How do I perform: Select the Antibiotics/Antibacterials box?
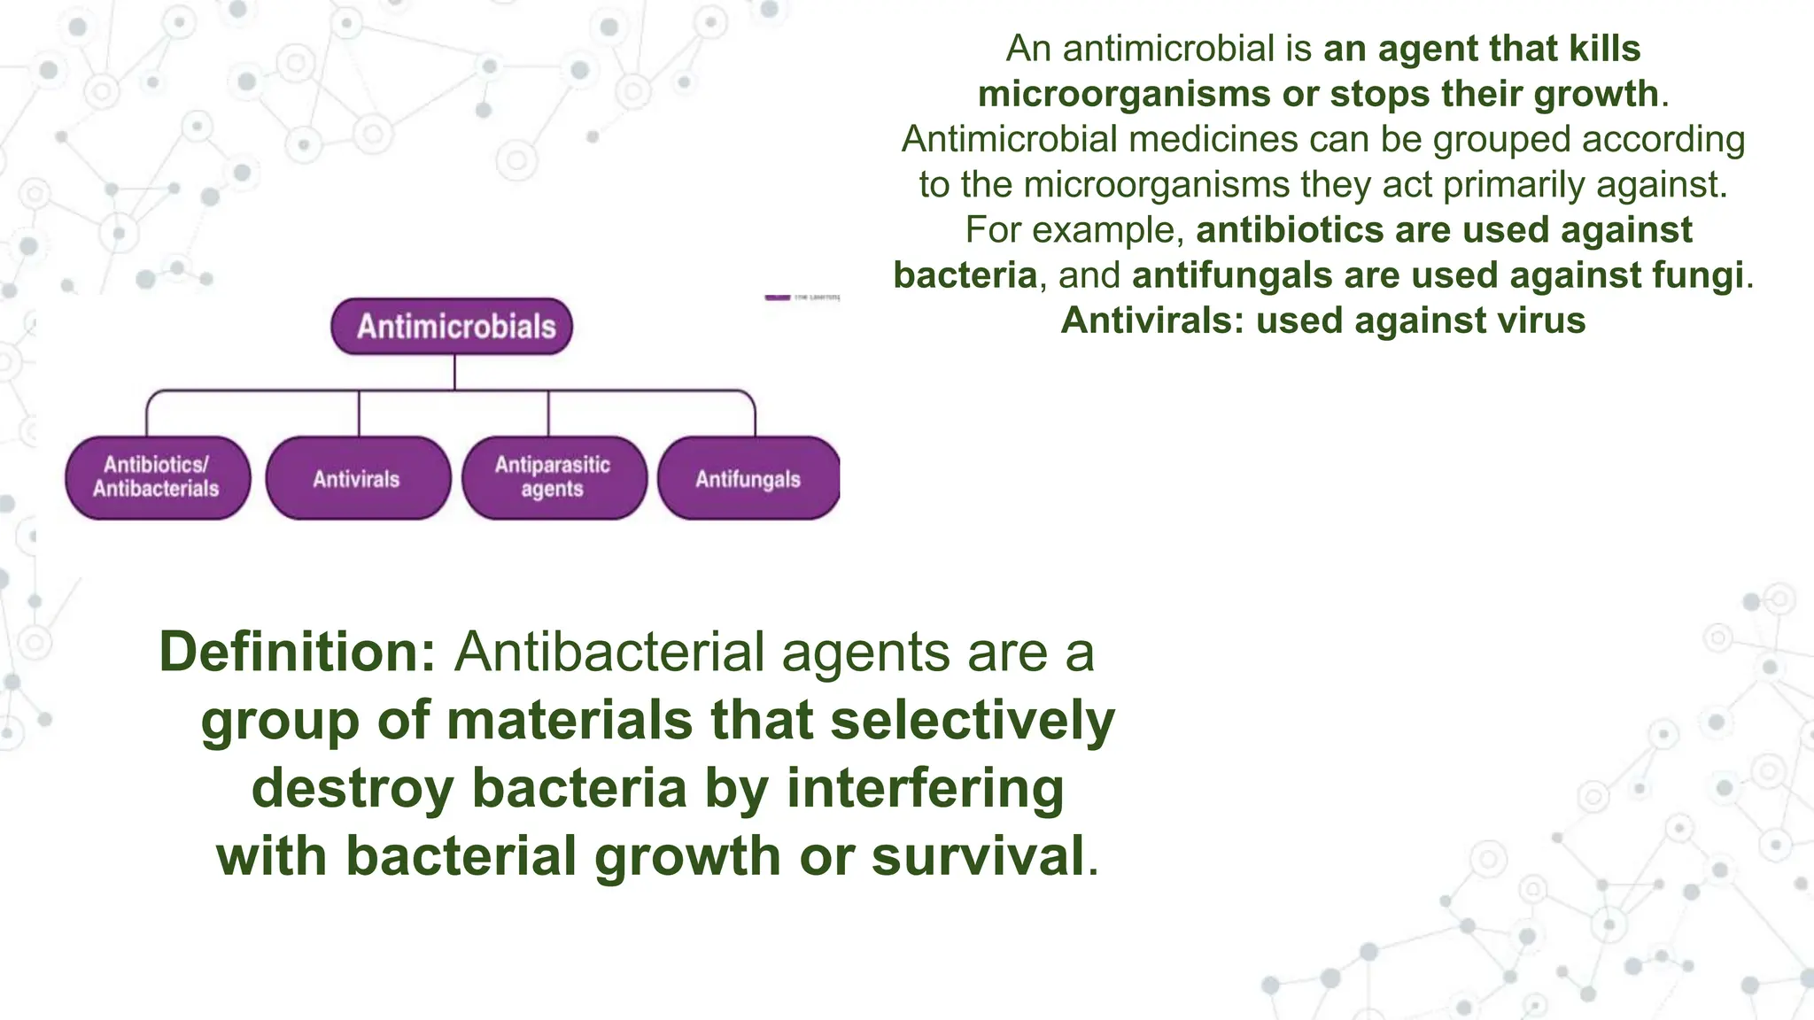coord(157,477)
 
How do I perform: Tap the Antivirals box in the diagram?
coord(357,479)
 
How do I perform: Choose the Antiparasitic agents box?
coord(553,477)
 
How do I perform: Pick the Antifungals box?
coord(748,479)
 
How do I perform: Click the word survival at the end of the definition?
coord(978,856)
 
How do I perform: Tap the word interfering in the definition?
coord(925,788)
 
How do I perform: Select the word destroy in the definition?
coord(353,788)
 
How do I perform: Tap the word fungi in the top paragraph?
coord(1699,275)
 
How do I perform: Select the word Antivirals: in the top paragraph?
coord(1152,321)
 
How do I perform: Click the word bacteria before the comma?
coord(965,275)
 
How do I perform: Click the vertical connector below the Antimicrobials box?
coord(454,372)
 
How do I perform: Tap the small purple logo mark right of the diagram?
coord(777,297)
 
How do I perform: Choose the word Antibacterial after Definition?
coord(609,653)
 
